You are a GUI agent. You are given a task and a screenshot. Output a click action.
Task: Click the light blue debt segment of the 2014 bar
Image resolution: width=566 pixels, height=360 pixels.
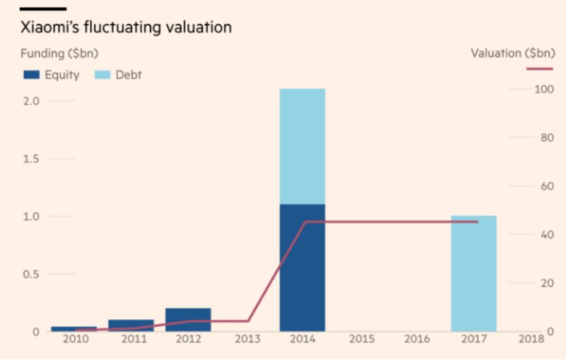(302, 146)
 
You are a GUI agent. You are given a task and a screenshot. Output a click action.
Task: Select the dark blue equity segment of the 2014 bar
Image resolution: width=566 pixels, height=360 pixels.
(302, 267)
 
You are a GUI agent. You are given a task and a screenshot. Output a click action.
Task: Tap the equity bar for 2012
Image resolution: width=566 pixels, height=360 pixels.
(188, 320)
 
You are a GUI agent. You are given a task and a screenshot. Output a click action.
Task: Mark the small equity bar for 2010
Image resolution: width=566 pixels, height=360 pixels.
(74, 329)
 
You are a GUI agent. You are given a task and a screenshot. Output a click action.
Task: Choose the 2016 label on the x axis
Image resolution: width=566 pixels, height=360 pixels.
(416, 340)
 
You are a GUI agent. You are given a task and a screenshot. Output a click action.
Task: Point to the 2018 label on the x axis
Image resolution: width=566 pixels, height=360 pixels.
(530, 340)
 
